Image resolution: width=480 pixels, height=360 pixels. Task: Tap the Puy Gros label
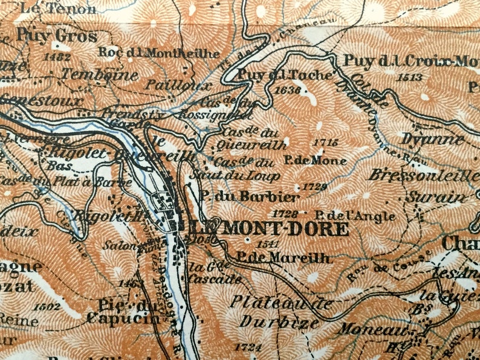click(57, 36)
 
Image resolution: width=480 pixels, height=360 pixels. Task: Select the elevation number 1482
click(58, 57)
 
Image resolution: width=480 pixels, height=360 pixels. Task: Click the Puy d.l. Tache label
click(285, 75)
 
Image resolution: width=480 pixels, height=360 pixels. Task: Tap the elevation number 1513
click(410, 77)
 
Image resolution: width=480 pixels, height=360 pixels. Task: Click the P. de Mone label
click(314, 161)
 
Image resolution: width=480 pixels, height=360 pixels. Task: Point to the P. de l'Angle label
click(354, 215)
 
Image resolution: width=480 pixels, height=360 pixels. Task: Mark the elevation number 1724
click(250, 347)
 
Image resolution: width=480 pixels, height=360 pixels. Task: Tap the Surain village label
click(431, 197)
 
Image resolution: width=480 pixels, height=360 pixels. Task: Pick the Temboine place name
click(88, 75)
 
